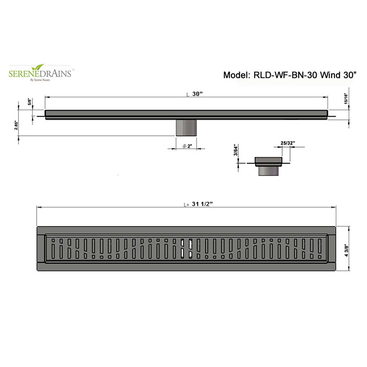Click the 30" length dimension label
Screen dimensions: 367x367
point(197,94)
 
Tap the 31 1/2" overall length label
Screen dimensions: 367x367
point(202,204)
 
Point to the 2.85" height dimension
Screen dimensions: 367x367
point(16,125)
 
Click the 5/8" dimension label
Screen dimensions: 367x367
point(29,102)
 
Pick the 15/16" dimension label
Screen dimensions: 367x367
point(346,99)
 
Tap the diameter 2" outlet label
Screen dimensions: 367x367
point(187,146)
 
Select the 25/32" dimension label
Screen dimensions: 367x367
point(287,143)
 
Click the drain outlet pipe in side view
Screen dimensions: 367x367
point(186,128)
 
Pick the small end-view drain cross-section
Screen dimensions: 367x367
point(268,166)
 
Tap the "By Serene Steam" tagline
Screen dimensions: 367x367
point(40,80)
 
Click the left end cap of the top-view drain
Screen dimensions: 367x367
point(41,249)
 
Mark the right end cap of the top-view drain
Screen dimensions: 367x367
point(332,249)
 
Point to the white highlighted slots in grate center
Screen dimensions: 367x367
point(186,248)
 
